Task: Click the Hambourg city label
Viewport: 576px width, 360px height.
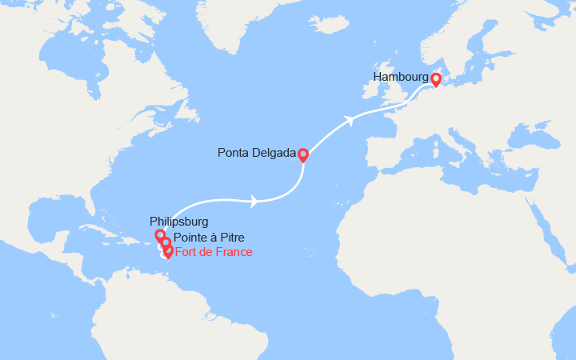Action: (400, 77)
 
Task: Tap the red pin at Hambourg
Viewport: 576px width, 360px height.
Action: (436, 79)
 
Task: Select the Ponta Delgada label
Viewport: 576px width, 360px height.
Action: (256, 152)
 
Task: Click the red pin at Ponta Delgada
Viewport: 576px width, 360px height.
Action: (303, 154)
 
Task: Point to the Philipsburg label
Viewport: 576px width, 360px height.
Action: (178, 221)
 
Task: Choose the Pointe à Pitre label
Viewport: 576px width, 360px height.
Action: (207, 238)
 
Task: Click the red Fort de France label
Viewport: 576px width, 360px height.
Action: (214, 252)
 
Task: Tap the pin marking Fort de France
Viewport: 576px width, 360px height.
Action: (168, 251)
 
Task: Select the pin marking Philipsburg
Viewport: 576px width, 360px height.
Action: (160, 235)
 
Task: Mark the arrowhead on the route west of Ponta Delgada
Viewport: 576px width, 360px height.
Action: (254, 202)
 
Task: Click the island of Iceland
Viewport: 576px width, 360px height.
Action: (332, 25)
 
